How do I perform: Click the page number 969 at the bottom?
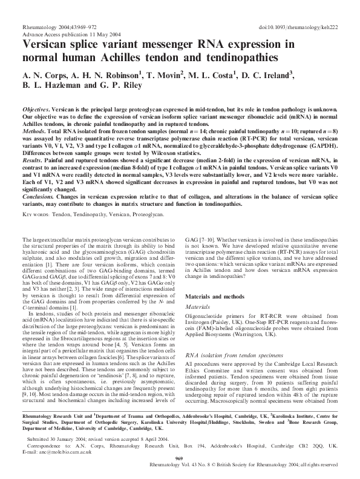click(x=180, y=459)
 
